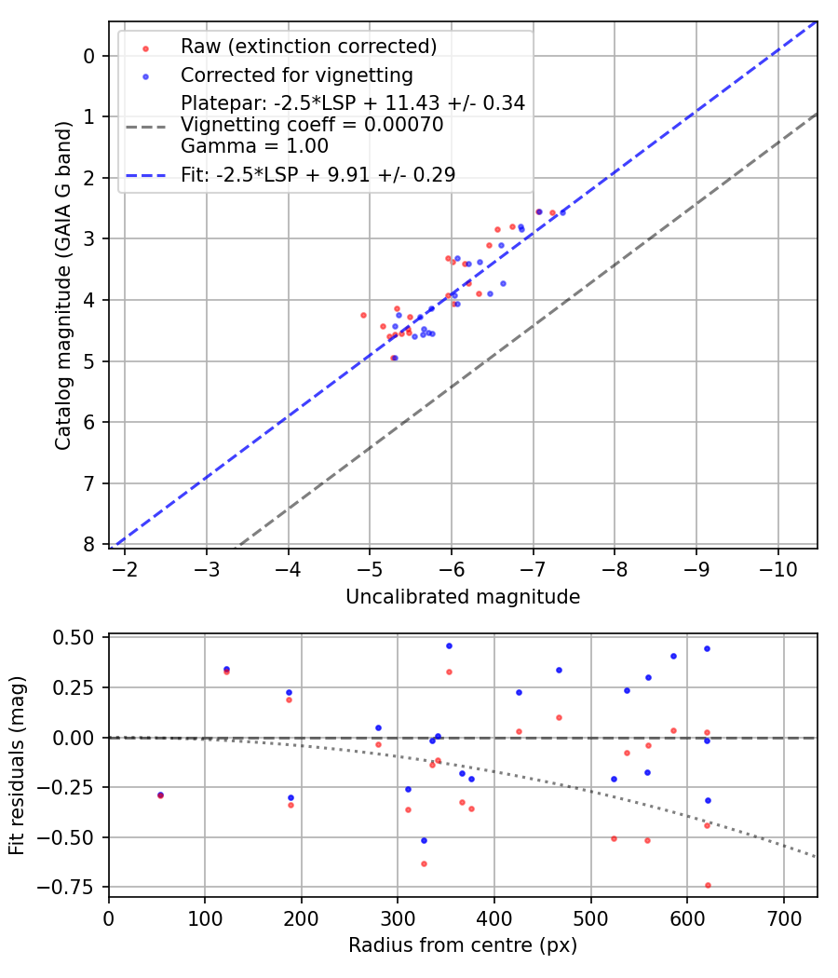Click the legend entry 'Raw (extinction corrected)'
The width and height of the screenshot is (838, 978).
308,47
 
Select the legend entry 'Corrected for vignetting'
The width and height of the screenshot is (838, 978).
296,75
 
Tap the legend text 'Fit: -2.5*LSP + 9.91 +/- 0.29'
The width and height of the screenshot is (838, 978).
318,174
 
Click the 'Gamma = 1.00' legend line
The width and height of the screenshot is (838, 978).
254,146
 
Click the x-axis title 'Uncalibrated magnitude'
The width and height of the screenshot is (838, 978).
463,597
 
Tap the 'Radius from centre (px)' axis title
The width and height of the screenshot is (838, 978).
463,945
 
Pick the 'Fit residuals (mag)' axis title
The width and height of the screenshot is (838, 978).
17,767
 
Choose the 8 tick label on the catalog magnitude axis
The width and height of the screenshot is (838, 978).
88,544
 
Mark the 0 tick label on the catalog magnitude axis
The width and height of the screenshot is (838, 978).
88,56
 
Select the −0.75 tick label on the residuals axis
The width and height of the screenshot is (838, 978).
71,887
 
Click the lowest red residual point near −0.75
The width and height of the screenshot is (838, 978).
708,885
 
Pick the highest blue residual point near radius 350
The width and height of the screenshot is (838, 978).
449,645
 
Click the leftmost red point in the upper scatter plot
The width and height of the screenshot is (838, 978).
363,315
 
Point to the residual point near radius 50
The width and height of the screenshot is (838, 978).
160,795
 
